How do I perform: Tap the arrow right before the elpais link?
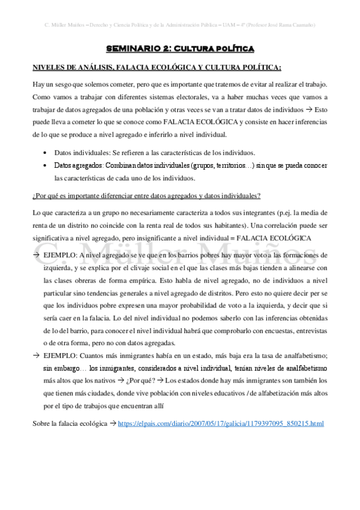point(112,407)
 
